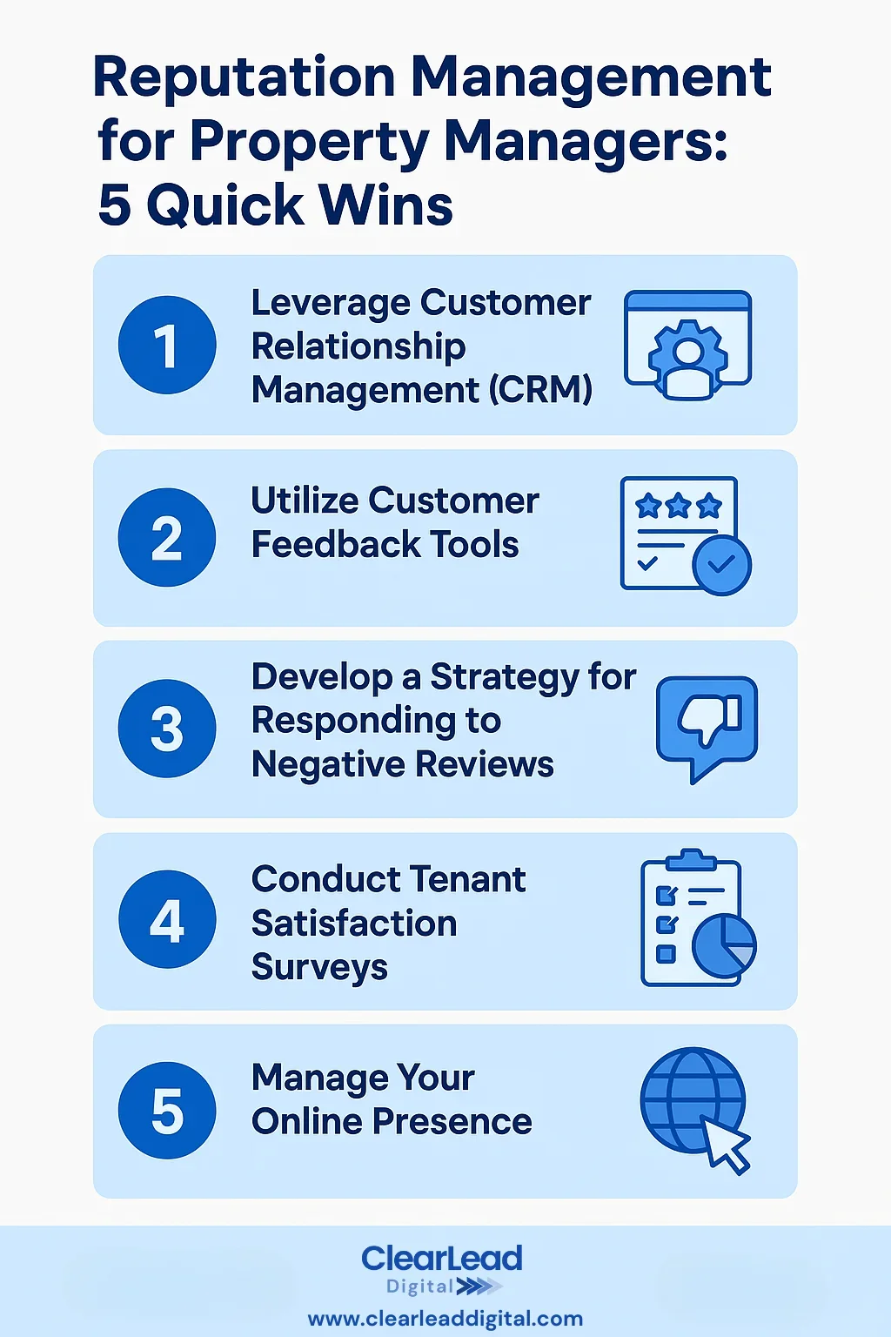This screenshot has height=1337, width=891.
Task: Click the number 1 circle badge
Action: coord(167,346)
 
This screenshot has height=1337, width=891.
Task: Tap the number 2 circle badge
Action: coord(167,537)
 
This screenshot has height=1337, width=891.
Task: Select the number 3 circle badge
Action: coord(167,729)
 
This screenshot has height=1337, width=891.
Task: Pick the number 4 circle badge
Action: coord(167,920)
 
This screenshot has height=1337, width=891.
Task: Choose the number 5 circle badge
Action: coord(167,1111)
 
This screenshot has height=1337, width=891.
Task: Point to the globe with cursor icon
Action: coord(695,1109)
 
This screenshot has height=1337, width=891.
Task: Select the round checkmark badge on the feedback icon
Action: coord(721,565)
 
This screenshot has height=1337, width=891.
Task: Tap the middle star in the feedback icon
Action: coord(679,506)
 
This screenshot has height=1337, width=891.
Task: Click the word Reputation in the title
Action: coord(245,78)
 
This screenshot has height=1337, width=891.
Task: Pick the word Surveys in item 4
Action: coord(319,967)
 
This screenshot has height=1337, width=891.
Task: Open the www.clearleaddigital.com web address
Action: coord(445,1319)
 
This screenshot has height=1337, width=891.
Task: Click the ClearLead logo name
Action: coord(442,1258)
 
